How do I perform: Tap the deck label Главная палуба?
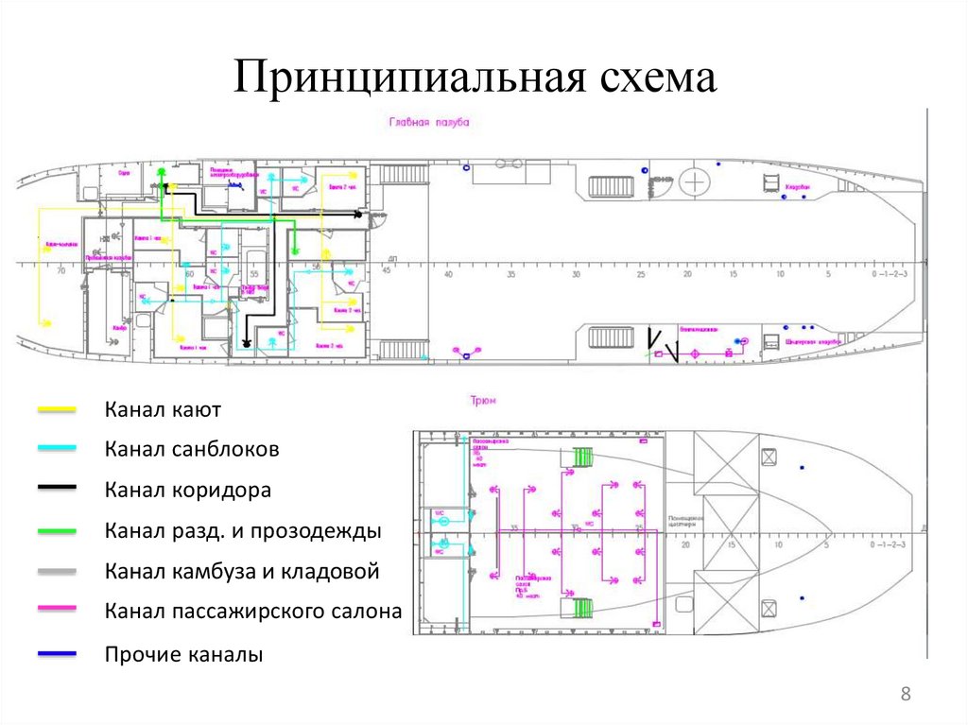pos(428,123)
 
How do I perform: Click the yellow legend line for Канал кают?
pos(58,410)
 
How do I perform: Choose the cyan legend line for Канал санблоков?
pos(58,450)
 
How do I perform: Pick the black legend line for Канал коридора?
pos(58,490)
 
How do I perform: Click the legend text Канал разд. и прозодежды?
pos(243,531)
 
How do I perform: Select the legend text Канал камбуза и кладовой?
pos(242,571)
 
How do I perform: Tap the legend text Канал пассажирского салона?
pos(253,612)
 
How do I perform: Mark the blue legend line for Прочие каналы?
pos(58,653)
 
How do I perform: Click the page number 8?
pos(906,695)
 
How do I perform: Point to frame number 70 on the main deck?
pos(61,272)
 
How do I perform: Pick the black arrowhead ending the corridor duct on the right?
pos(358,216)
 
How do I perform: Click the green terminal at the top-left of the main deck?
pos(162,173)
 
